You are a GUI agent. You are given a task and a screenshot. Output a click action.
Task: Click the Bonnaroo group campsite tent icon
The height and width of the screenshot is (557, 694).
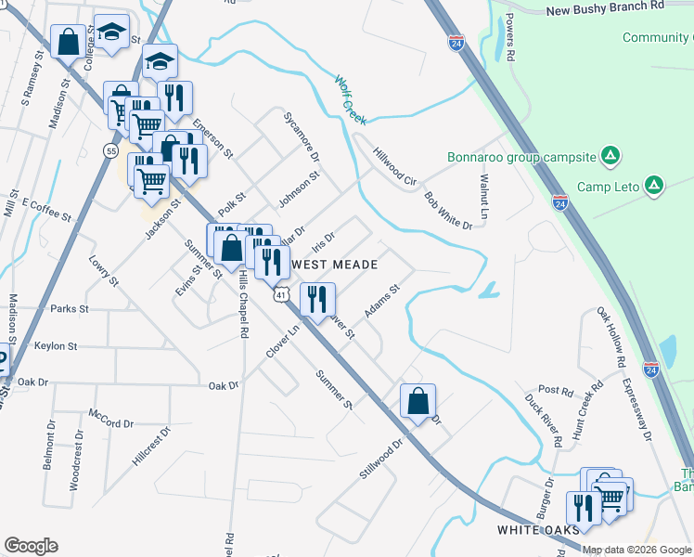[610, 156]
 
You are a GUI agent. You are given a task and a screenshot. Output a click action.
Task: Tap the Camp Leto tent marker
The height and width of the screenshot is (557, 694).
[654, 186]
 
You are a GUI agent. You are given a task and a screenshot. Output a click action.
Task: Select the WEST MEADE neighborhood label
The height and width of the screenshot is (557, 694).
[335, 265]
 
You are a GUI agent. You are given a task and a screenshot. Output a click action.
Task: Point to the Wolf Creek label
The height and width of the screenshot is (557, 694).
[352, 100]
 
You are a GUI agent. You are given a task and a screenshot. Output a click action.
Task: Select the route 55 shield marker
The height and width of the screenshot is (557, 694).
[111, 150]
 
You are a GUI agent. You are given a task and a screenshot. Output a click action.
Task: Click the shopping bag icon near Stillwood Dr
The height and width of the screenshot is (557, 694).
[418, 401]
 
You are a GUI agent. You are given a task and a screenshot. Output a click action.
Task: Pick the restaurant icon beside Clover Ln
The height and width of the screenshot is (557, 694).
[317, 298]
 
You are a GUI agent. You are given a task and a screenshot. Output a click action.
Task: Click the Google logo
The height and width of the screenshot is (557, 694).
[31, 546]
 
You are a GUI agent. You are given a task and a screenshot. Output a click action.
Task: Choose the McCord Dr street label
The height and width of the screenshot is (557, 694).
[111, 418]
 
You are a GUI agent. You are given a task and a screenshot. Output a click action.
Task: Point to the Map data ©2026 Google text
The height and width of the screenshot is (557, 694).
[636, 550]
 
